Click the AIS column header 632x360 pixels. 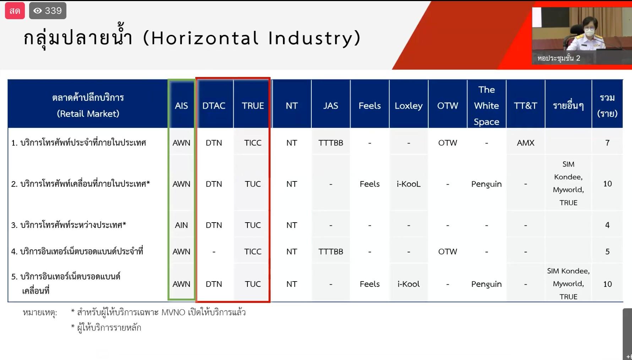click(x=181, y=106)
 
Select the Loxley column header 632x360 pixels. click(x=409, y=106)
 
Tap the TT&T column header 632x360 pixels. click(x=525, y=106)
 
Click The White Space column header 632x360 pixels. click(x=486, y=106)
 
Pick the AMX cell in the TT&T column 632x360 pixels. click(x=525, y=143)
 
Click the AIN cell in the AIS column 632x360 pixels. click(x=181, y=225)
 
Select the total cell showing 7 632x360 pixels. click(x=608, y=143)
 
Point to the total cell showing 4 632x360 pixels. click(x=608, y=225)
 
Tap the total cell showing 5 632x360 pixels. click(x=608, y=251)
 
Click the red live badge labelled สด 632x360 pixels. click(x=15, y=11)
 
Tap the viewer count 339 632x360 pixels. click(x=53, y=11)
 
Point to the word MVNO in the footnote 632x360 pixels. click(x=173, y=312)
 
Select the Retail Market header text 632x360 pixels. click(x=88, y=114)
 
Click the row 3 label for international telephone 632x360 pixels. click(x=69, y=225)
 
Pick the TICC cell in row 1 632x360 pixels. click(x=253, y=143)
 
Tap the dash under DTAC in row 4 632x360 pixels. click(x=214, y=251)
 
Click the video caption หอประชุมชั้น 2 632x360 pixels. click(x=559, y=58)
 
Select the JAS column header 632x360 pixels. click(x=331, y=106)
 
